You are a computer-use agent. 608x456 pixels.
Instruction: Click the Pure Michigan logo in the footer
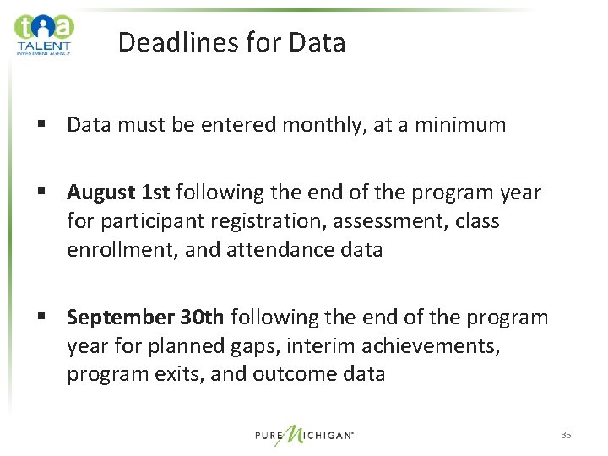click(x=305, y=435)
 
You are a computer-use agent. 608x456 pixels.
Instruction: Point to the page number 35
click(x=566, y=435)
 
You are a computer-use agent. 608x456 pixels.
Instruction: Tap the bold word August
click(x=100, y=193)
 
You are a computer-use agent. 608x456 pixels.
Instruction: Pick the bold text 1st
click(x=155, y=193)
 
